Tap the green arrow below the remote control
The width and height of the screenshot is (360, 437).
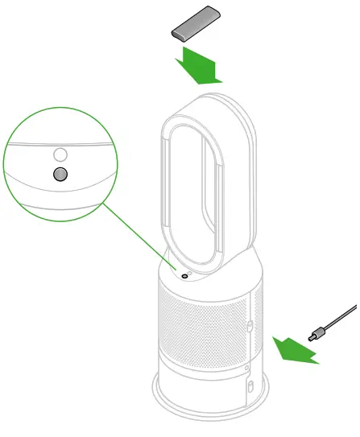click(x=198, y=67)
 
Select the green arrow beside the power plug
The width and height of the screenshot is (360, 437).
click(x=291, y=350)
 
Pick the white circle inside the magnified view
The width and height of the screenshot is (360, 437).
click(x=60, y=153)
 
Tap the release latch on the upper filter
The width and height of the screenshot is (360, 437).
click(x=250, y=326)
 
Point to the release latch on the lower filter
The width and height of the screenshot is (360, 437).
click(x=250, y=387)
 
